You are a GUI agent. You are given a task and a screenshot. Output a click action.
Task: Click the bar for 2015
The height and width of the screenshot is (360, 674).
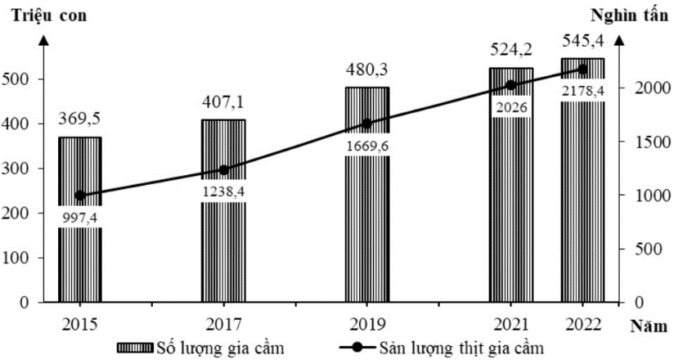pyautogui.click(x=79, y=254)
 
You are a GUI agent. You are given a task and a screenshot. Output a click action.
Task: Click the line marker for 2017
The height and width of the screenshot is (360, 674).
pyautogui.click(x=223, y=170)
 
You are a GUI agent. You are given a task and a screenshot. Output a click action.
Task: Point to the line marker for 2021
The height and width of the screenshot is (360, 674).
pyautogui.click(x=510, y=85)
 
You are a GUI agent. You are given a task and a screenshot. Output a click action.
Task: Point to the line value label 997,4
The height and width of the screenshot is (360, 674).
pyautogui.click(x=79, y=217)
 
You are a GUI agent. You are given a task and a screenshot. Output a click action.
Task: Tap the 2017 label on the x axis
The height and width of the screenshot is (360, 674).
pyautogui.click(x=223, y=323)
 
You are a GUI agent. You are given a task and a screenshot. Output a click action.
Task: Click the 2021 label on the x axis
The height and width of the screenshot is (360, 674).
pyautogui.click(x=510, y=323)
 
